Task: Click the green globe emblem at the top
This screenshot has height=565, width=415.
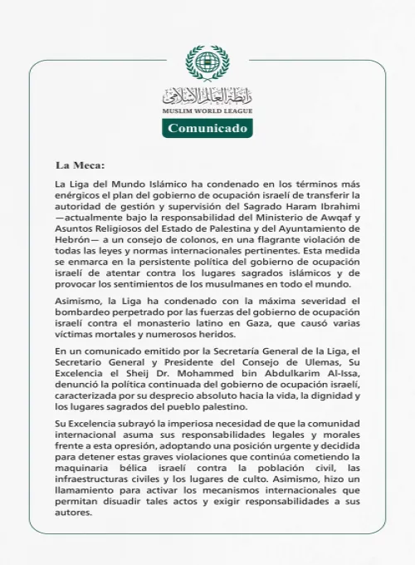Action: pyautogui.click(x=207, y=63)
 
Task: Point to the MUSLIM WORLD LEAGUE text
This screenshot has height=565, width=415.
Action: pyautogui.click(x=207, y=111)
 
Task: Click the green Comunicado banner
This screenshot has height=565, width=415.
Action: pyautogui.click(x=207, y=129)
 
